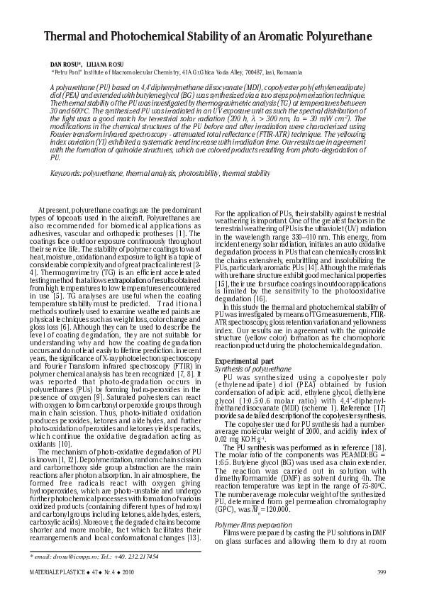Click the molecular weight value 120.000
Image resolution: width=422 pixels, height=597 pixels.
(x=283, y=508)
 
